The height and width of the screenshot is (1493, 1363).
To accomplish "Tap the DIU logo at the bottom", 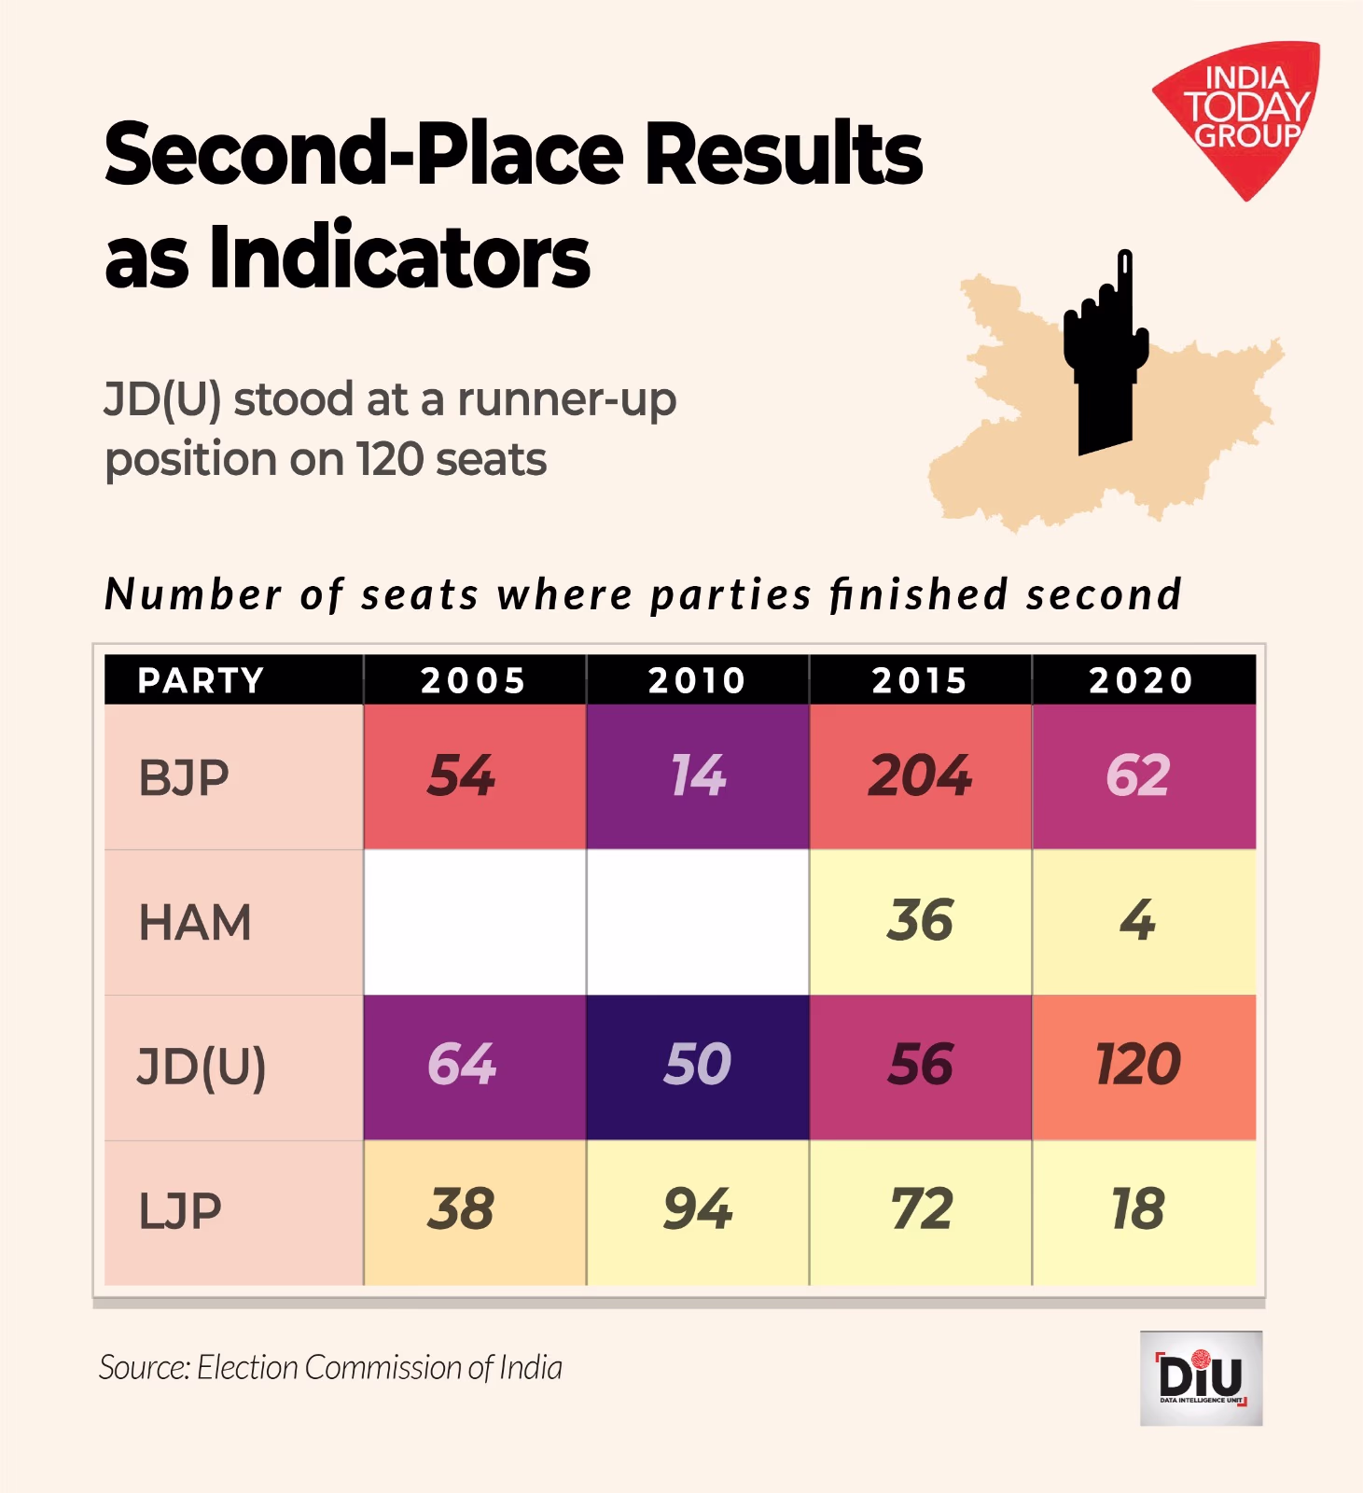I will click(x=1201, y=1378).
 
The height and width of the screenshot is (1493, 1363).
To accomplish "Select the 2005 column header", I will click(x=474, y=680).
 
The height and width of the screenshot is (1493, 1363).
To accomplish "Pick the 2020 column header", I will click(x=1142, y=680).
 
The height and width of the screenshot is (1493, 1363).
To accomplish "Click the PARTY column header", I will click(x=202, y=680).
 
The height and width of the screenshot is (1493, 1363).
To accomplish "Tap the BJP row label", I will click(x=184, y=777).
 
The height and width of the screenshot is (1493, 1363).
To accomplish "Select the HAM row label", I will click(x=195, y=922).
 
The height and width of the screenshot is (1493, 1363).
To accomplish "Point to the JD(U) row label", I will click(x=202, y=1067).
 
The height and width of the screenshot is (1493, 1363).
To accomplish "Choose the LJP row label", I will click(x=180, y=1211).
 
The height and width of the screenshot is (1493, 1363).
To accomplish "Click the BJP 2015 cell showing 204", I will click(x=920, y=776).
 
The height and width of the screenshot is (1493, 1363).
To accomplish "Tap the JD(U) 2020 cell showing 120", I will click(x=1142, y=1067).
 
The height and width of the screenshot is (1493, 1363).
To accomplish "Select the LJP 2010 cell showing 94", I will click(x=697, y=1211).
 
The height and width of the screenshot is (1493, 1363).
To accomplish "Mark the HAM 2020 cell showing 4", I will click(x=1142, y=922).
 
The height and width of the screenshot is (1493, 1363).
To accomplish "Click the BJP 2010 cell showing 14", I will click(x=697, y=776).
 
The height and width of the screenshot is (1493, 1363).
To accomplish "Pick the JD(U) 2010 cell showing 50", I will click(x=697, y=1067).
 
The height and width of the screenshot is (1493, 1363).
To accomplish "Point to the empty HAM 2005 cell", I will click(x=474, y=922).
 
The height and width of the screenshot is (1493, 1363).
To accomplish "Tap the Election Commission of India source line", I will click(x=331, y=1367).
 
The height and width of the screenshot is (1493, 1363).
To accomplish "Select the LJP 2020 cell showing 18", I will click(x=1142, y=1211).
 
